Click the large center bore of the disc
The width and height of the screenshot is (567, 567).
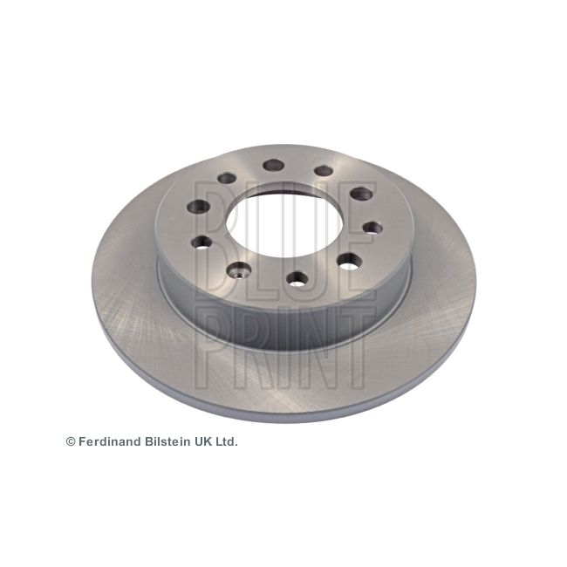tap(284, 224)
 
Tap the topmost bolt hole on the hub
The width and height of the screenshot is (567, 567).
tap(274, 166)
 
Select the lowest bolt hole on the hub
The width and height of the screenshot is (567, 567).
tap(297, 279)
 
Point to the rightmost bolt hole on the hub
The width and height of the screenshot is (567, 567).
tap(372, 228)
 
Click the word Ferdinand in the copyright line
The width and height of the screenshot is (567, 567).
tap(110, 441)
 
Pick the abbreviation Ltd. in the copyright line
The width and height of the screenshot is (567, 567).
tap(226, 441)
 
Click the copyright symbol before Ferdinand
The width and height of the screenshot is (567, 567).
tap(71, 441)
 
